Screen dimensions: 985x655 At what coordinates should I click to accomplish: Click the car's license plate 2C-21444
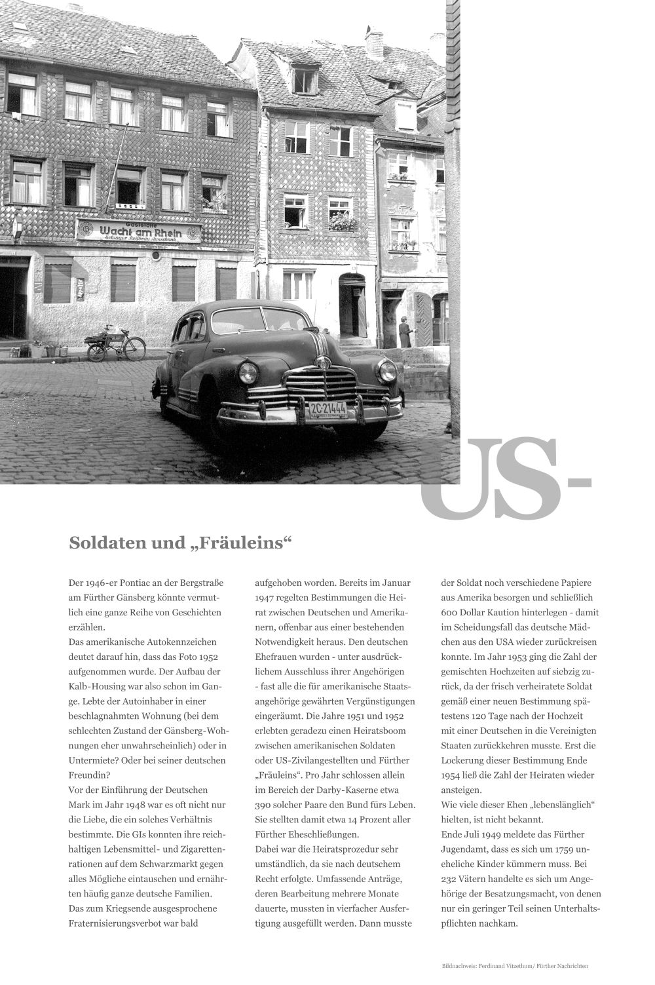(327, 410)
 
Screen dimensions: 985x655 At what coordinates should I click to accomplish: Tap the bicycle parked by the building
(116, 343)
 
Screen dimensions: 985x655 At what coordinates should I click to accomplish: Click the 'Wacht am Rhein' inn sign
(139, 231)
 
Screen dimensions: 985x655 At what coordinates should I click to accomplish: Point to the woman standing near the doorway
(405, 332)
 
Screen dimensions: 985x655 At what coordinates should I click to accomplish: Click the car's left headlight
(248, 373)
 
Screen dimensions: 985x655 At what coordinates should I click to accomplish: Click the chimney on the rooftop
(374, 44)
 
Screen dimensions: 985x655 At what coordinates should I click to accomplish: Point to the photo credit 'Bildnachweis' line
(515, 966)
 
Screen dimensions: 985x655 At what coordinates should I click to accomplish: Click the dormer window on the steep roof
(305, 79)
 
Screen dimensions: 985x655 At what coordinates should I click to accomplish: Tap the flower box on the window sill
(343, 225)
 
